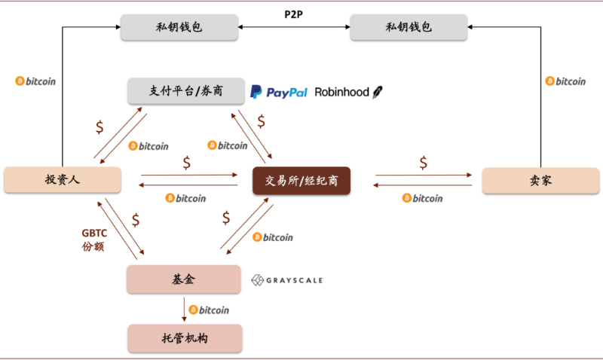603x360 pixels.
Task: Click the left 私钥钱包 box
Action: (179, 29)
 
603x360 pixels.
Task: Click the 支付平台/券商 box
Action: (185, 91)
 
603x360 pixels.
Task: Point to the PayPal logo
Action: (279, 92)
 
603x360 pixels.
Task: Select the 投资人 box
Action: (63, 179)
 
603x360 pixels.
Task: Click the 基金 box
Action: (184, 279)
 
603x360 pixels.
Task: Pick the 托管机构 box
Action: (185, 338)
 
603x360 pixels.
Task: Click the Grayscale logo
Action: (287, 280)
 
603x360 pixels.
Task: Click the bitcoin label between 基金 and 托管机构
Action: (209, 310)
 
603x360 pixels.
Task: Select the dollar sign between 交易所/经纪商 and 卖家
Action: (424, 162)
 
